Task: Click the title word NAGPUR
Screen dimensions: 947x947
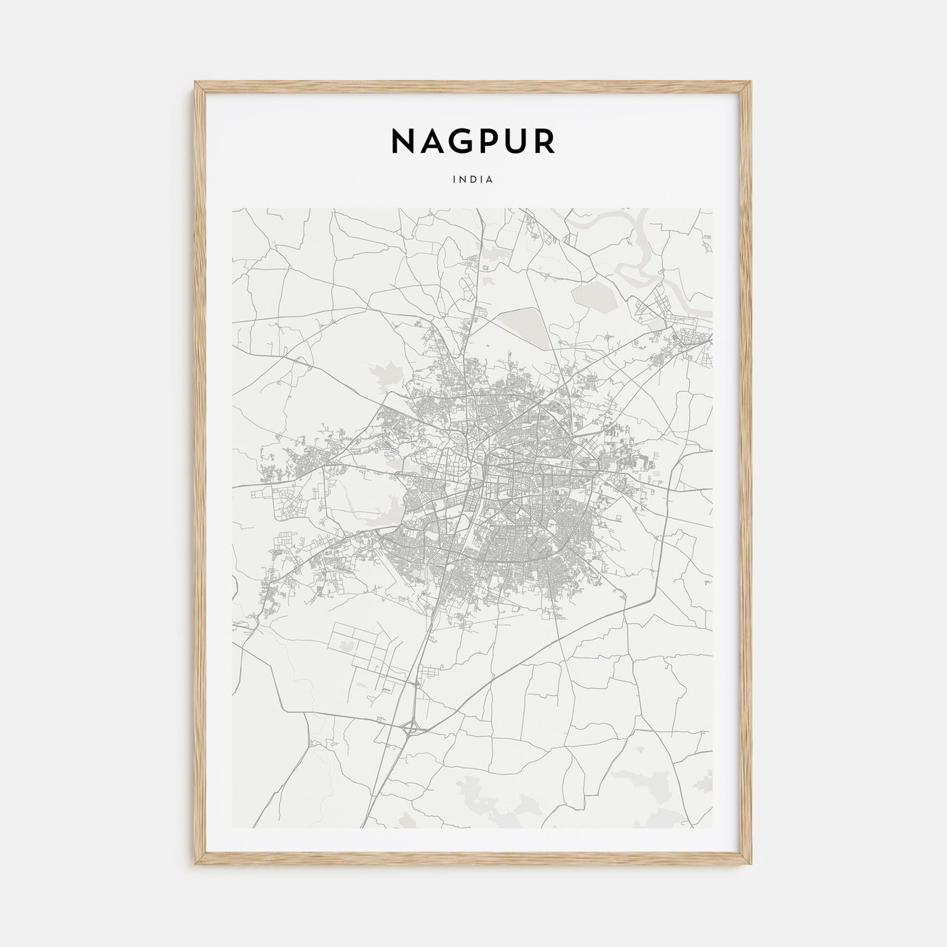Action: click(473, 141)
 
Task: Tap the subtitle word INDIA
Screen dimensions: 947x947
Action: click(473, 180)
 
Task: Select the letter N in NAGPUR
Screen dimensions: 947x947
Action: click(404, 141)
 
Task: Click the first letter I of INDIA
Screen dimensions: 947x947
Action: click(455, 180)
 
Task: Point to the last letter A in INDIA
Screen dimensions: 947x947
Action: click(491, 180)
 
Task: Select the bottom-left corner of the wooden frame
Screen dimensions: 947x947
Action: click(196, 866)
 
